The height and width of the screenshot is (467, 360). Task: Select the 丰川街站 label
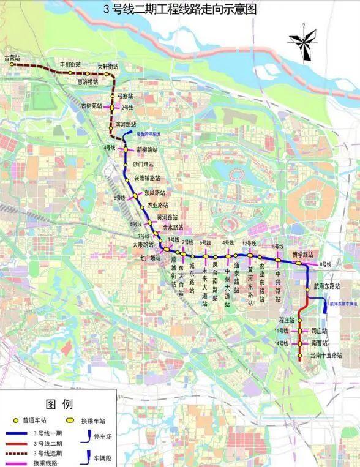pyautogui.click(x=69, y=64)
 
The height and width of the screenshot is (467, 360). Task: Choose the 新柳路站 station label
pyautogui.click(x=147, y=149)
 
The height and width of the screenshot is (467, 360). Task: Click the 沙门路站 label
pyautogui.click(x=144, y=165)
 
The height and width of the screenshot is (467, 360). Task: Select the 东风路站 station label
pyautogui.click(x=156, y=192)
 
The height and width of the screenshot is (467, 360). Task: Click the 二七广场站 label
pyautogui.click(x=147, y=258)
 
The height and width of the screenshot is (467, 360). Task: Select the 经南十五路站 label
pyautogui.click(x=325, y=355)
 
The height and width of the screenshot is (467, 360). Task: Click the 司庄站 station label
pyautogui.click(x=320, y=331)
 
